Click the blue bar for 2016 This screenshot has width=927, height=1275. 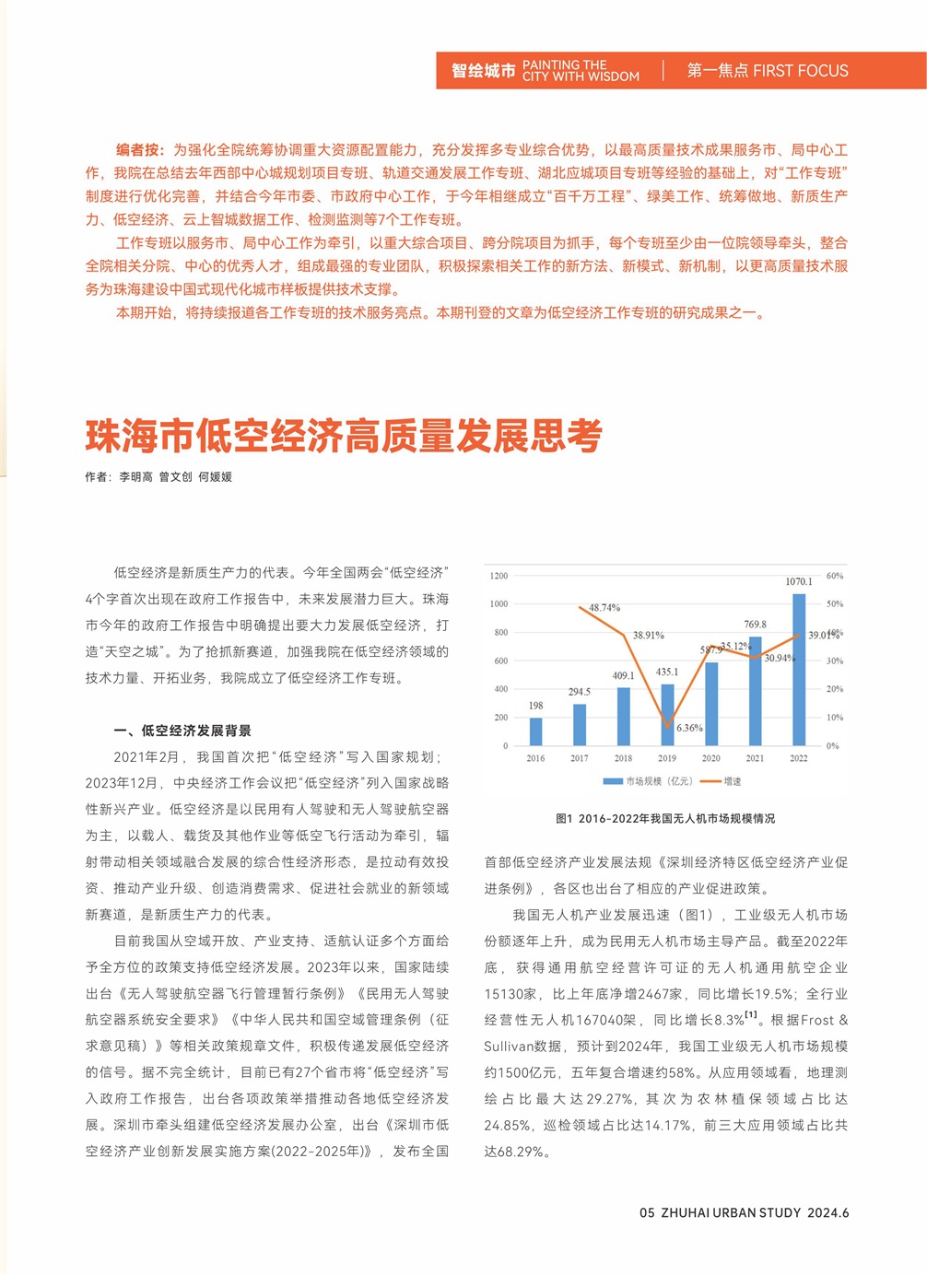click(535, 731)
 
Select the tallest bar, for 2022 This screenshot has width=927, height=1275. click(799, 670)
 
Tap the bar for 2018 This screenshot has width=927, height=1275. click(624, 716)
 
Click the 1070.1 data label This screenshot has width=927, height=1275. click(799, 581)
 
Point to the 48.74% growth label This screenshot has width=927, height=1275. click(604, 608)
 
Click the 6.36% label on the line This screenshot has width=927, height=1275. click(689, 728)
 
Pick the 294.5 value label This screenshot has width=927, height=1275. click(580, 692)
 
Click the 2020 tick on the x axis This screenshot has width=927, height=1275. click(711, 758)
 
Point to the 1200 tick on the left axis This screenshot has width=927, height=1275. click(499, 576)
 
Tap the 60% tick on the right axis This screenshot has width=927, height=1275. click(835, 576)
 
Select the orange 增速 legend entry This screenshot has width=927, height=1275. click(722, 781)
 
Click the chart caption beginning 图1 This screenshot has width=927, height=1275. click(665, 818)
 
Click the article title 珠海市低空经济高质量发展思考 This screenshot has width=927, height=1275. click(344, 436)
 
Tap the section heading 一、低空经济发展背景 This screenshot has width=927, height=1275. click(182, 731)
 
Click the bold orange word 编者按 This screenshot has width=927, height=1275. click(139, 149)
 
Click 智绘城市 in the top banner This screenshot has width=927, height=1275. click(483, 71)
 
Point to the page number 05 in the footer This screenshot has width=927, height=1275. click(647, 1212)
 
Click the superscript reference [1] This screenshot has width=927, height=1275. click(752, 1015)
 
